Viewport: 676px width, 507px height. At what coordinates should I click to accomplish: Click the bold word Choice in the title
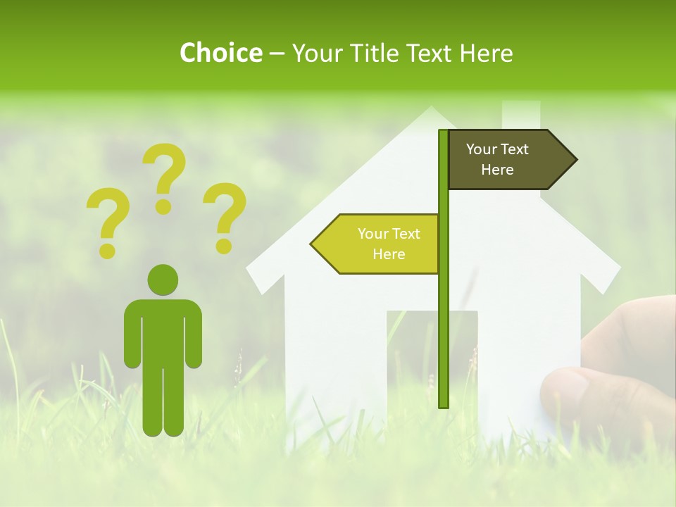pos(220,53)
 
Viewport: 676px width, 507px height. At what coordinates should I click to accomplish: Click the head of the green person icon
pos(163,280)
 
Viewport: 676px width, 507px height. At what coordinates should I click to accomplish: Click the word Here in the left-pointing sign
pos(389,254)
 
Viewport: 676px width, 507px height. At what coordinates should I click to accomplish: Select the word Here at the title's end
pos(487,53)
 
